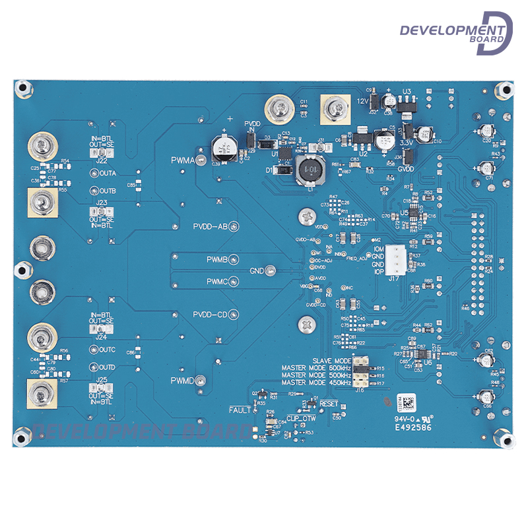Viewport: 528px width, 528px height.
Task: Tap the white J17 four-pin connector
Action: pyautogui.click(x=397, y=259)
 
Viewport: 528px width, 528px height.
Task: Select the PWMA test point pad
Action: pyautogui.click(x=199, y=160)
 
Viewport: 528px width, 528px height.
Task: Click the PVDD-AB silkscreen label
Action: pyautogui.click(x=210, y=226)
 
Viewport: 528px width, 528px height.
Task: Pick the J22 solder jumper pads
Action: pyautogui.click(x=102, y=152)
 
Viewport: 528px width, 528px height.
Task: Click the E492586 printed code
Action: pyautogui.click(x=413, y=427)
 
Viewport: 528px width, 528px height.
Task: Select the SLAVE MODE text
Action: pyautogui.click(x=332, y=361)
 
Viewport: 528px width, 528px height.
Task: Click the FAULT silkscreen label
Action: pyautogui.click(x=240, y=410)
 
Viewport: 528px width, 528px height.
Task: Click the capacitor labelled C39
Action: pyautogui.click(x=221, y=146)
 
